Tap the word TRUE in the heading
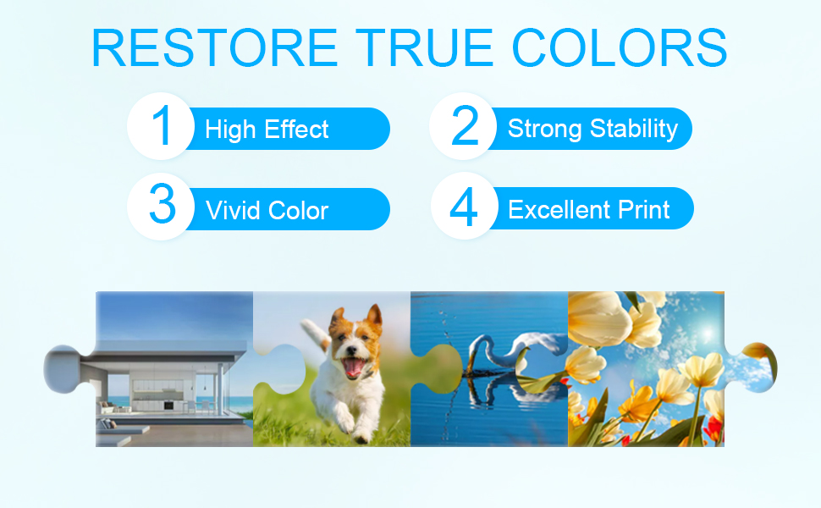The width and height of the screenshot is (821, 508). pos(424,47)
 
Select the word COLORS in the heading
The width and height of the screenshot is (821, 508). pos(620,47)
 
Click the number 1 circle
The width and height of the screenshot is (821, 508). pos(161,126)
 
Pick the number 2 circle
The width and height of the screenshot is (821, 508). pos(463,126)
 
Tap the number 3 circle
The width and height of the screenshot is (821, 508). pos(161,207)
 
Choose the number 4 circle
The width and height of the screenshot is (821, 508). pos(465,206)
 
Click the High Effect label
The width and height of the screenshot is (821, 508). pos(267,130)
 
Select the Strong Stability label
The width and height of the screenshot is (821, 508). pos(592,129)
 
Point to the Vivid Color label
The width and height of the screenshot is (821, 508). pos(267,211)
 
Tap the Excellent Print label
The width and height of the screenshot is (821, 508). pos(589,209)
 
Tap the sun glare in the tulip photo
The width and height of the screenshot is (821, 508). pos(708,333)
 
